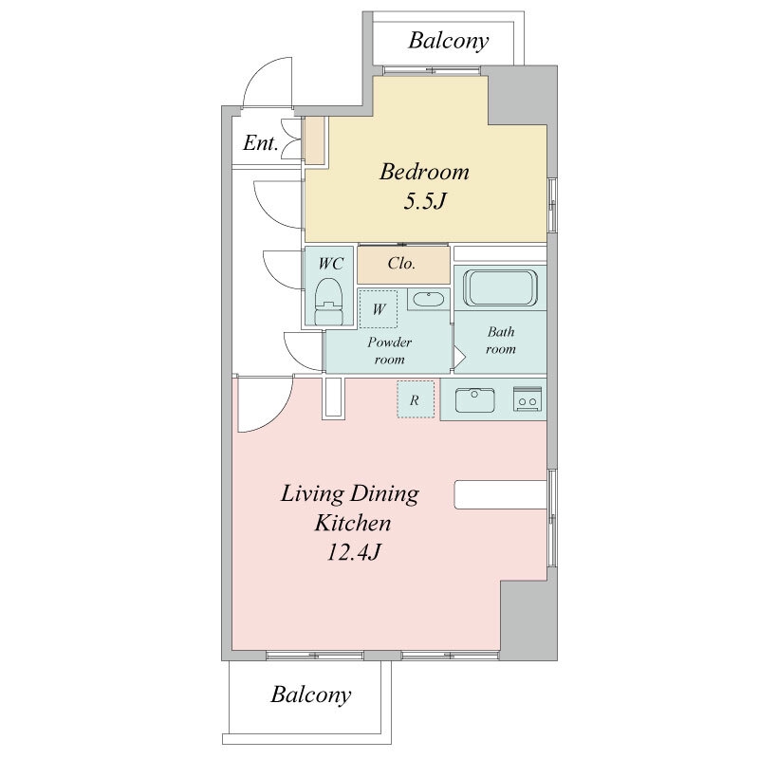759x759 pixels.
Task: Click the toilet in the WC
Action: (328, 301)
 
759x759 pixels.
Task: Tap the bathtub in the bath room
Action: (500, 287)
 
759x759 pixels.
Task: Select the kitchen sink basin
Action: (475, 399)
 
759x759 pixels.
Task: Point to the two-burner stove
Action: (528, 398)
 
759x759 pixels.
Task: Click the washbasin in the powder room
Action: (429, 299)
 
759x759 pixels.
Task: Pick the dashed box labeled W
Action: (379, 309)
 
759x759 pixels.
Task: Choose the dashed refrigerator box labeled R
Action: (416, 399)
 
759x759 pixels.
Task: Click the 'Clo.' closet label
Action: (401, 264)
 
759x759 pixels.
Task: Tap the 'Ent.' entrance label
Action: (261, 143)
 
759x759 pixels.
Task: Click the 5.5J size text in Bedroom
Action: (424, 200)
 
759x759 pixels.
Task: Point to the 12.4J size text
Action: (353, 552)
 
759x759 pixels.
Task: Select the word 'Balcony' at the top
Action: (448, 41)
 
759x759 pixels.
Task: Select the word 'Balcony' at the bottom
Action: (311, 694)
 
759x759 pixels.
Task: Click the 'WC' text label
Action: (330, 264)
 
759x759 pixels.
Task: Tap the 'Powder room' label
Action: (389, 350)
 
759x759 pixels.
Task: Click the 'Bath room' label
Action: (501, 340)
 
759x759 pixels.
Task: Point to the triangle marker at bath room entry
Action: (459, 359)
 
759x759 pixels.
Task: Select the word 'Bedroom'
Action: (424, 172)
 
